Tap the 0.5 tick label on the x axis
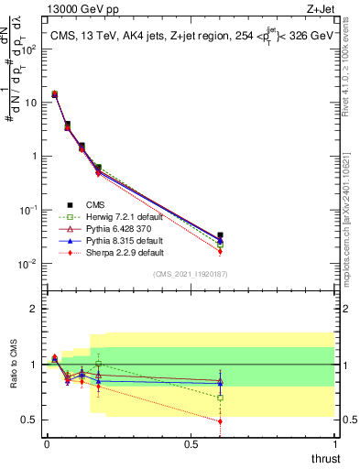[x=191, y=443]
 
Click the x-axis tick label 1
[x=334, y=443]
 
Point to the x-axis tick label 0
[x=47, y=443]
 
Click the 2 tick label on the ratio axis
[x=33, y=309]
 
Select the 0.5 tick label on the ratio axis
[x=29, y=420]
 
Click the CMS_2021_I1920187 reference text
[x=191, y=275]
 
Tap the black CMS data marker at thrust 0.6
[x=220, y=235]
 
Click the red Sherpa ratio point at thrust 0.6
[x=220, y=421]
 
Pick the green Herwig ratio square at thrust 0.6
[x=220, y=398]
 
